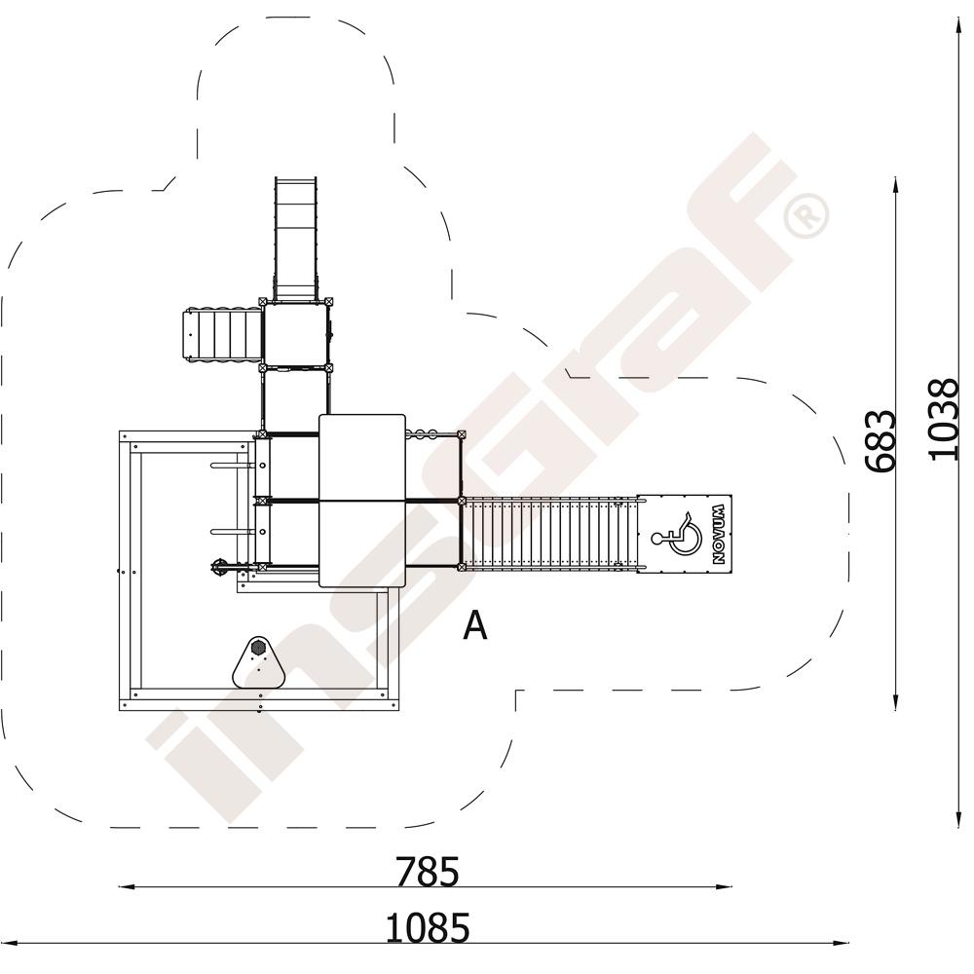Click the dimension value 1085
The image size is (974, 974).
pos(428,928)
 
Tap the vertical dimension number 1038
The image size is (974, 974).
pos(944,419)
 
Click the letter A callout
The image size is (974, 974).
pos(475,625)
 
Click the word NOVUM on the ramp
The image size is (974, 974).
pos(719,534)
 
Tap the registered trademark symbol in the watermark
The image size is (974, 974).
pos(805,215)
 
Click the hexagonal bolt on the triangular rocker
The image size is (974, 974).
pos(258,648)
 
